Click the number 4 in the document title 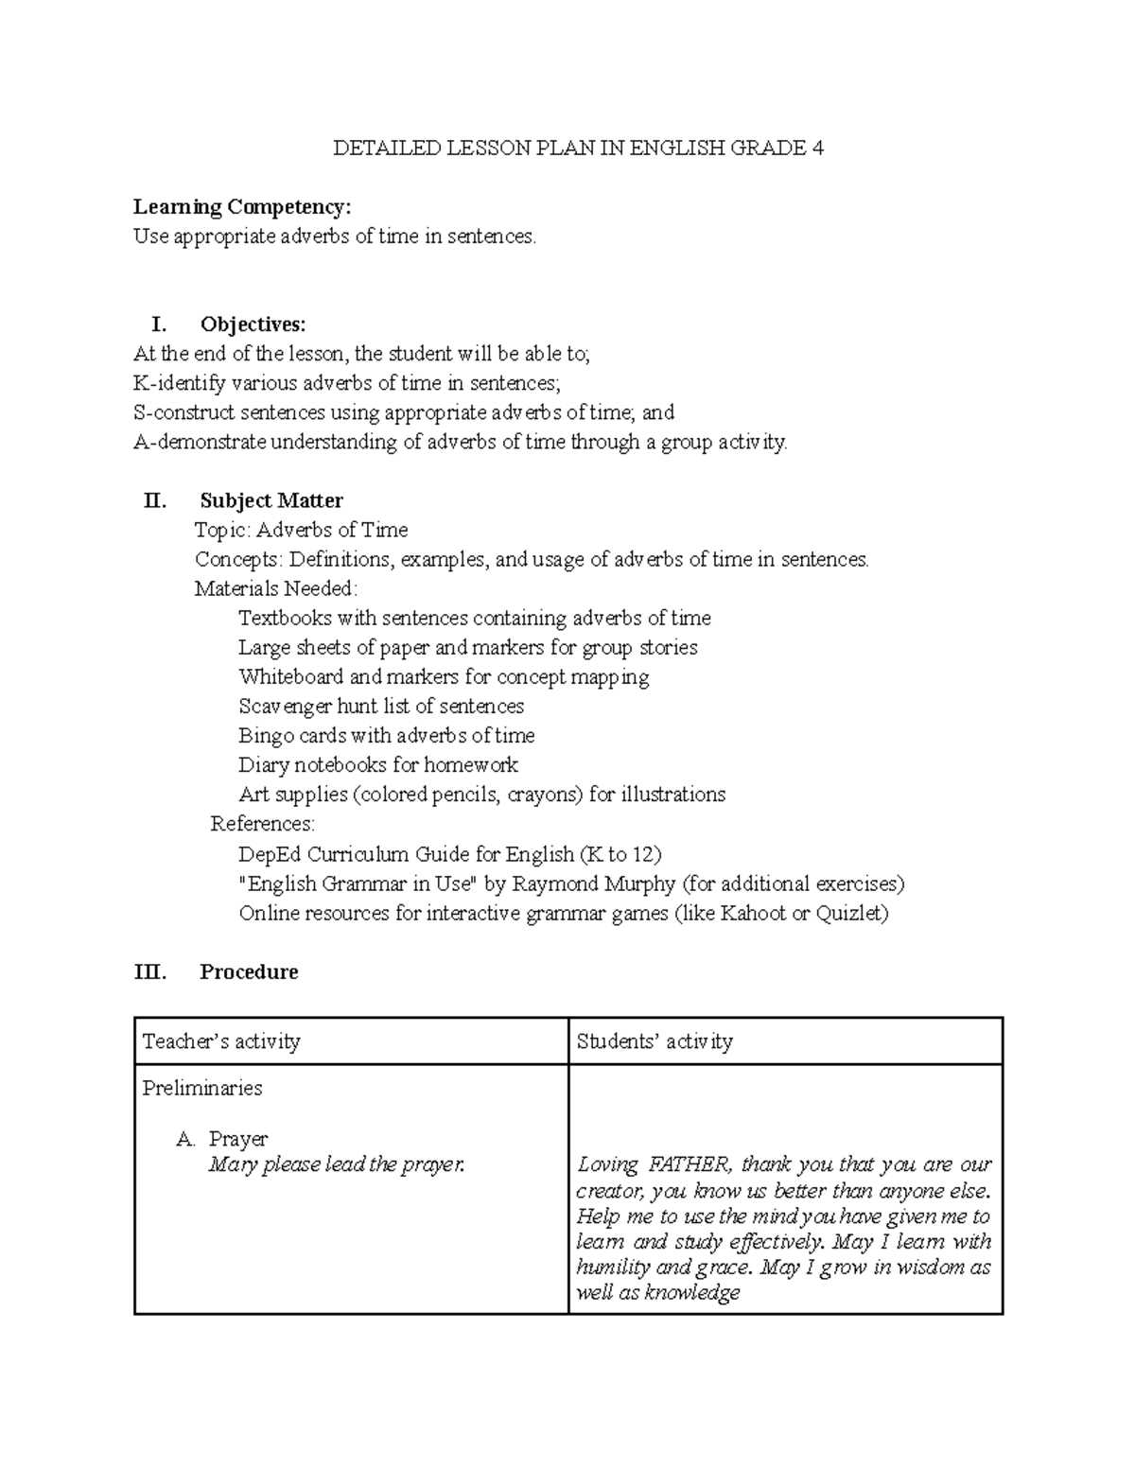pos(817,149)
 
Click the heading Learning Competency pos(241,207)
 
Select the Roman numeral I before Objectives pos(158,324)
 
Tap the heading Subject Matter pos(271,500)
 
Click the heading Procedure pos(249,972)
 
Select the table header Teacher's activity pos(221,1041)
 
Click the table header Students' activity pos(655,1041)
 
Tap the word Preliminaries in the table pos(202,1088)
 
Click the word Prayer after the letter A pos(238,1139)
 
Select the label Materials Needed pos(275,589)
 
